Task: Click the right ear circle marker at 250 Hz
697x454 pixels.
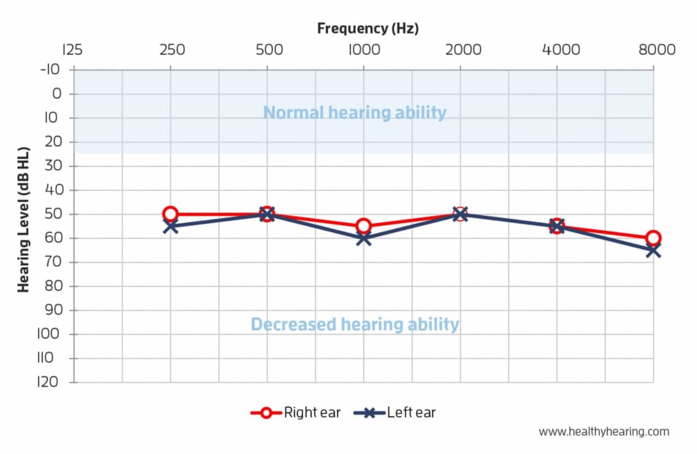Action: (170, 214)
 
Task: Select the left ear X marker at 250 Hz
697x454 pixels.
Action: (170, 226)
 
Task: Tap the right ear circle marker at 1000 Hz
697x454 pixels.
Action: (363, 226)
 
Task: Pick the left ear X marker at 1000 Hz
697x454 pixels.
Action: (363, 239)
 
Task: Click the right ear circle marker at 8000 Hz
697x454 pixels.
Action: (653, 238)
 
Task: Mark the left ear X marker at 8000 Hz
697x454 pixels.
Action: (653, 250)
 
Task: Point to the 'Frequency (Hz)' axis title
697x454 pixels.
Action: (368, 29)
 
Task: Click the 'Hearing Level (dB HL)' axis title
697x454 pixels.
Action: (25, 219)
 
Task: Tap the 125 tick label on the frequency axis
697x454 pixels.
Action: (72, 50)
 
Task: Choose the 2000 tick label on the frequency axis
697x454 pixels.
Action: (460, 50)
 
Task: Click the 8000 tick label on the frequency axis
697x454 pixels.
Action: (652, 50)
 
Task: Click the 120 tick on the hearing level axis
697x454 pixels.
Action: (50, 383)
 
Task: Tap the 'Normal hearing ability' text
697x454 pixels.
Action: (355, 112)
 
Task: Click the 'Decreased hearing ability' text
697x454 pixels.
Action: (355, 324)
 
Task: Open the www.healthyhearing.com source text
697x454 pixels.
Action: (604, 432)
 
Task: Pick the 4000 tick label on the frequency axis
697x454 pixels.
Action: (557, 50)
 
